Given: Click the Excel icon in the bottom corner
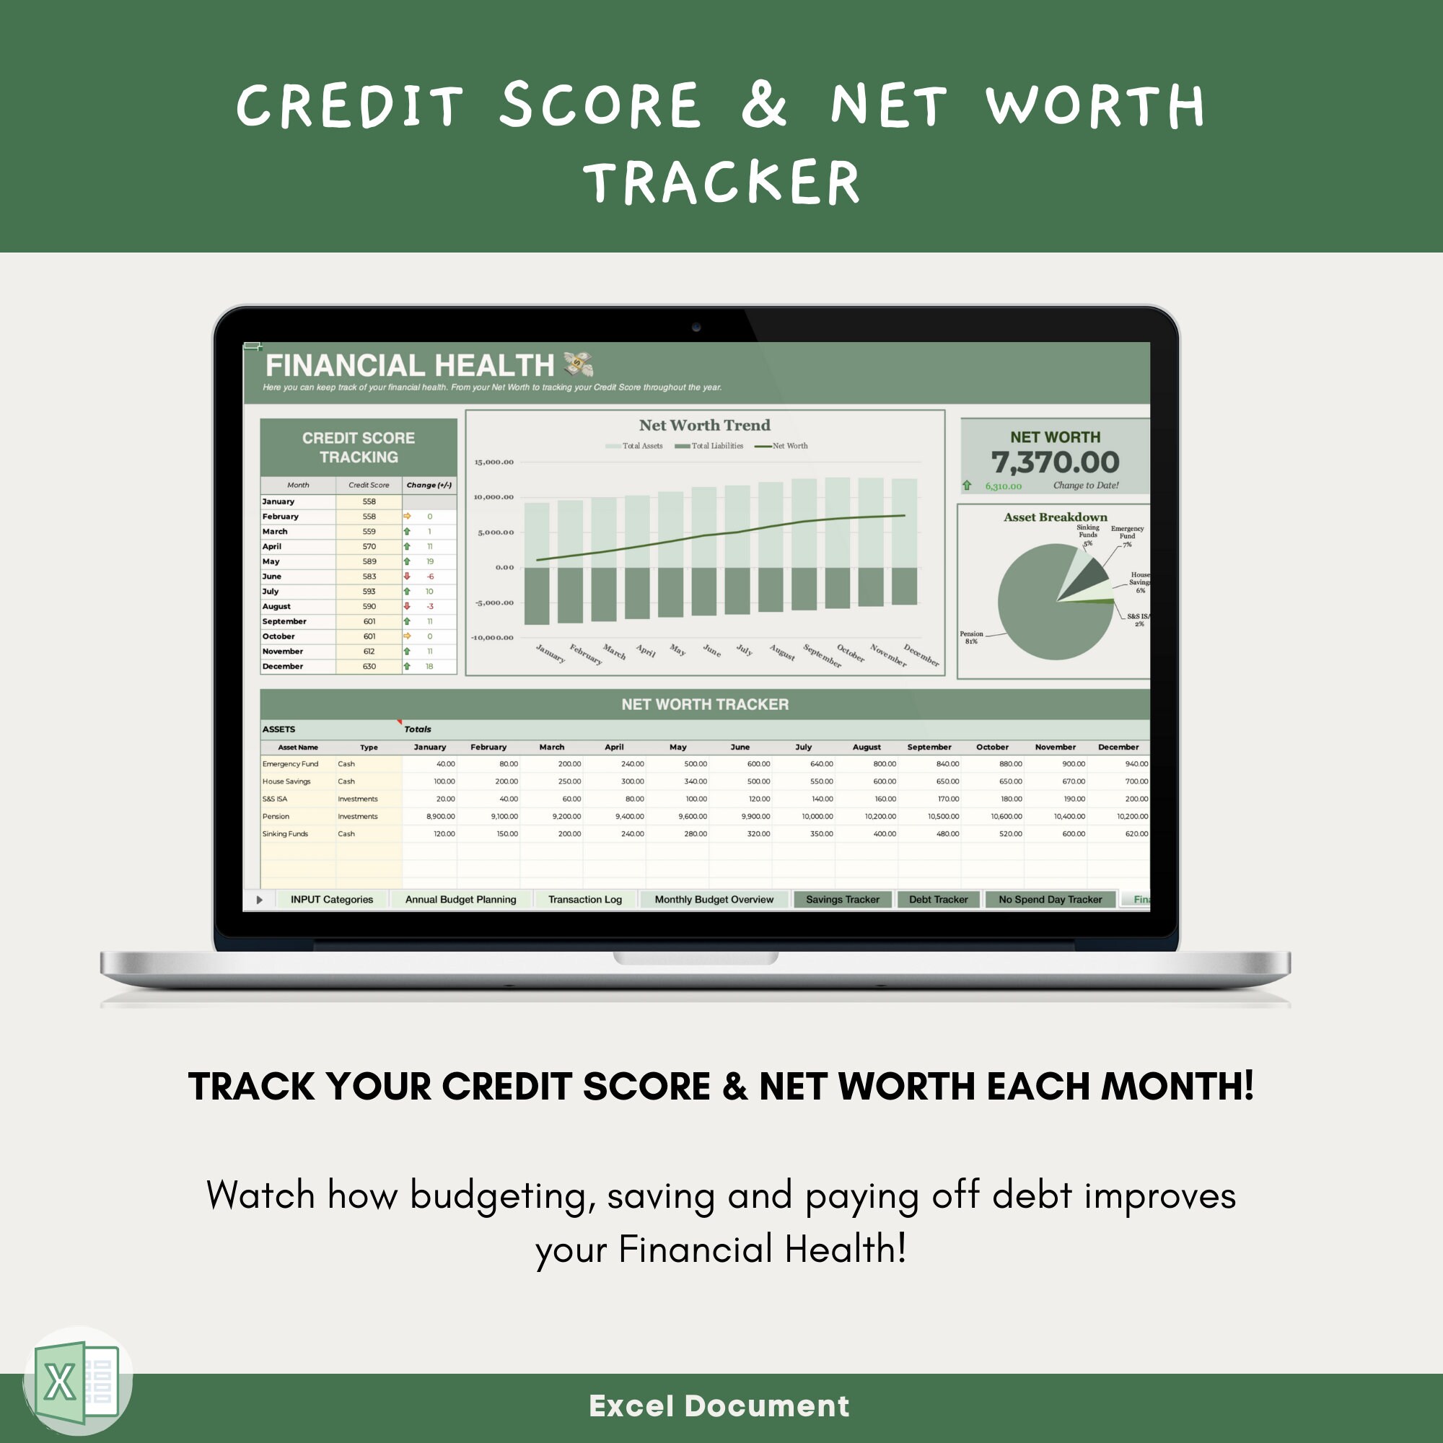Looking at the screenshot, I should [x=77, y=1382].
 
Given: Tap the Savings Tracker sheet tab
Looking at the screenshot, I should [x=842, y=899].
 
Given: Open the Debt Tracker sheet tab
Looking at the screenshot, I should [x=938, y=899].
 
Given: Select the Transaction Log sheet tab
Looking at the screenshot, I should [x=585, y=899].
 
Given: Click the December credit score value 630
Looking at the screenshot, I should [x=369, y=666].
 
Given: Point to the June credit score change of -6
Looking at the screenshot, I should [x=429, y=576].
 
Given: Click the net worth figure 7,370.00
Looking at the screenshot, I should [x=1055, y=462].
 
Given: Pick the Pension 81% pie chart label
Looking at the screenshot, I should [x=971, y=637].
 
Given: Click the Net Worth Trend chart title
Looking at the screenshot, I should [x=704, y=425].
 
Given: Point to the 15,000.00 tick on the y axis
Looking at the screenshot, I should [x=494, y=462].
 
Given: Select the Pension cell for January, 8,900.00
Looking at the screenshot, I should [x=440, y=816].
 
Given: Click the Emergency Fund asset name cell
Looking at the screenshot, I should [x=290, y=764].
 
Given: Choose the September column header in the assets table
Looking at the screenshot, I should [x=929, y=747].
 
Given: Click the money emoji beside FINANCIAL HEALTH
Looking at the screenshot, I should [x=577, y=364].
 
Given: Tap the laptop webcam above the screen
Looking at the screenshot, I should [x=696, y=327].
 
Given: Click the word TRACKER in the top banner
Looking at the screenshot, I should [x=721, y=183].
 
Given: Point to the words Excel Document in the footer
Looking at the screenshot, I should [x=719, y=1405].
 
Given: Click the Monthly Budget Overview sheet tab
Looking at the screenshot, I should [x=714, y=899].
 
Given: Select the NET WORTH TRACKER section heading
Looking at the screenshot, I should [x=704, y=704].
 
